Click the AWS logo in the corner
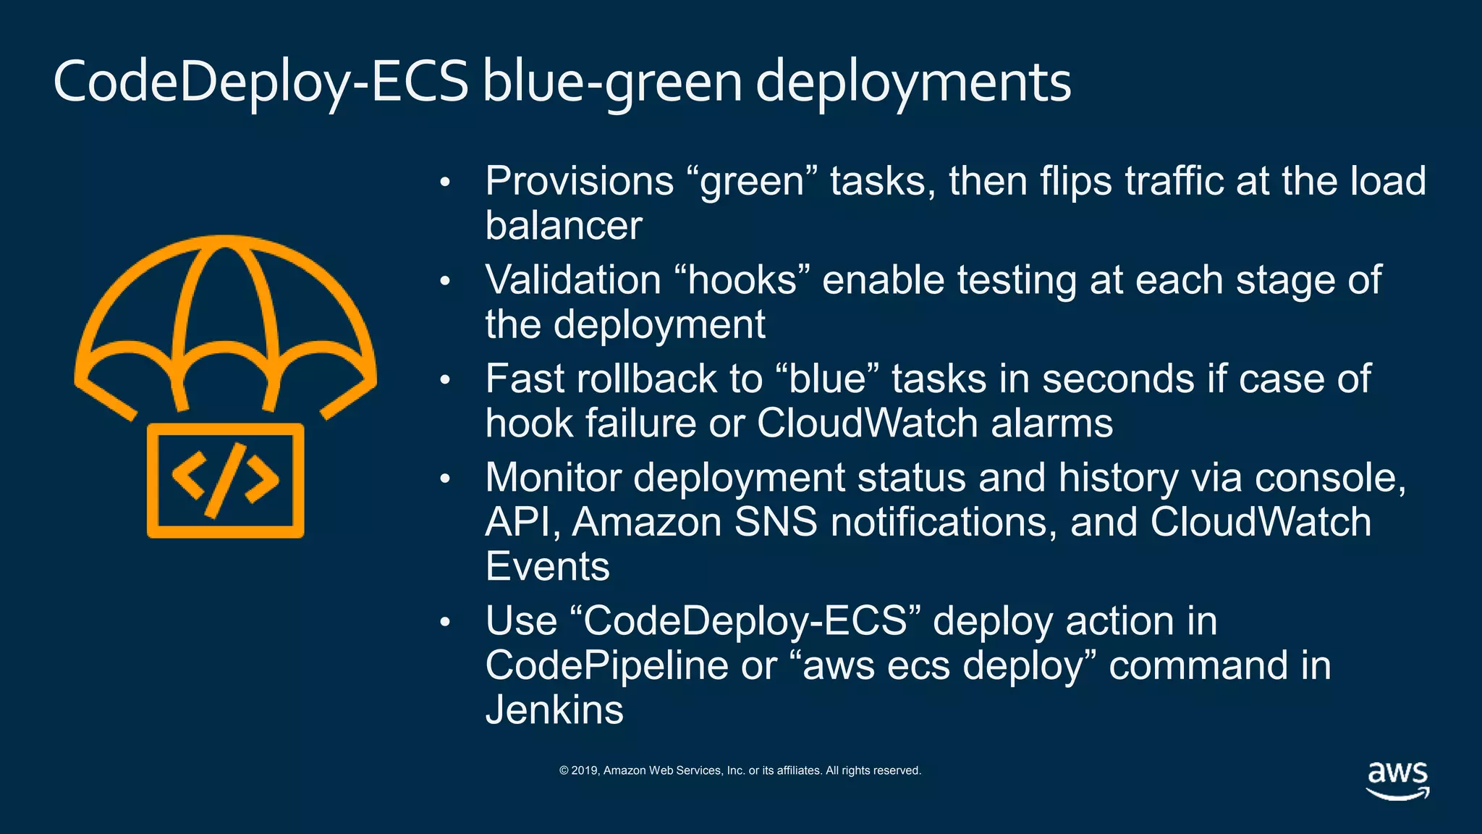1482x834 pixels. [x=1397, y=780]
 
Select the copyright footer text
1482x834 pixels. [x=740, y=770]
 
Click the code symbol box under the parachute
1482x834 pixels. [x=225, y=481]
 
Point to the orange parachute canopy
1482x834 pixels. [x=225, y=304]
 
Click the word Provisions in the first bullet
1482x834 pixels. [x=579, y=181]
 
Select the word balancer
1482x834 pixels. [x=563, y=225]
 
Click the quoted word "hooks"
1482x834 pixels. [x=742, y=280]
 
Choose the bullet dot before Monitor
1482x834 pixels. [x=445, y=479]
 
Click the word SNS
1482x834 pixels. [x=775, y=522]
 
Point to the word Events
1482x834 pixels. [x=547, y=566]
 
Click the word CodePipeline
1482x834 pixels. [x=606, y=665]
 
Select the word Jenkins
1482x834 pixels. [x=554, y=709]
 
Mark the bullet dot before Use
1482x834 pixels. [x=445, y=622]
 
